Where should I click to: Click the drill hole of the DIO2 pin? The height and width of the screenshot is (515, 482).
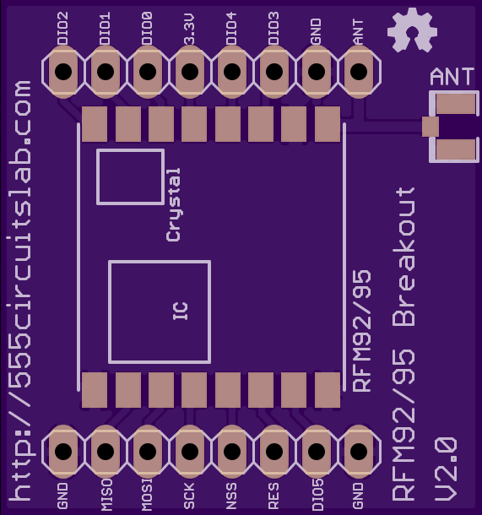pos(63,72)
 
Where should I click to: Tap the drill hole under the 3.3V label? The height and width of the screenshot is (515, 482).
pos(190,72)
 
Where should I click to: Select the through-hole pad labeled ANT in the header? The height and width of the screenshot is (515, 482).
pos(359,72)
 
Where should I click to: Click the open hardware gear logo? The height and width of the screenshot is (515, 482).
pos(412,30)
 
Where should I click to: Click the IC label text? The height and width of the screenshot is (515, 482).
pos(181,311)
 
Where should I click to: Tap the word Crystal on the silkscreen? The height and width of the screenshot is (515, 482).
pos(173,205)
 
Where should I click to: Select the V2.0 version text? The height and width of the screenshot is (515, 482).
pos(446,469)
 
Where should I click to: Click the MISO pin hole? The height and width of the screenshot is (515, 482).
pos(106,451)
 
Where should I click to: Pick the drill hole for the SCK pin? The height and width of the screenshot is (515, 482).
pos(190,451)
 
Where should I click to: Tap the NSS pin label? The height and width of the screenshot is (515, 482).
pos(231,496)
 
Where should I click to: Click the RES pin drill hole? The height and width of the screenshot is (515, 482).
pos(274,451)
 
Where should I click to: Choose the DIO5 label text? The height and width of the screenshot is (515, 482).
pos(317,494)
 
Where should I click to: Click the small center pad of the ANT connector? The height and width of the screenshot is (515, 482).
pos(431,127)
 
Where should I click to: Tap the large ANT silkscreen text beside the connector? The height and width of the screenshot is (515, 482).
pos(452,77)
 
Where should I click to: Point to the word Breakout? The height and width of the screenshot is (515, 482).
pos(403,257)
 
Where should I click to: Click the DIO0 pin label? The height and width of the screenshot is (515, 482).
pos(147,28)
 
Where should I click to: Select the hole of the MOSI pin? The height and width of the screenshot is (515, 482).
pos(148,451)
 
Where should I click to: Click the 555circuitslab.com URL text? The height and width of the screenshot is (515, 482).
pos(19,290)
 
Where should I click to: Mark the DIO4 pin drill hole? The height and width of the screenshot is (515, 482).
pos(232,72)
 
